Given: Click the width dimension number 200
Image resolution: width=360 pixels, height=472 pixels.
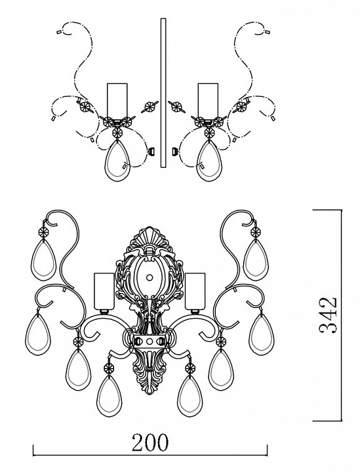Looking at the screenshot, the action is coord(150,442).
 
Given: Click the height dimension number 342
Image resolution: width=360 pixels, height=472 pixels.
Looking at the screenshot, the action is coord(328,315).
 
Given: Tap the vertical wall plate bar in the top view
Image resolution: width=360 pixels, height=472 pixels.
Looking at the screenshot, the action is coord(163,92).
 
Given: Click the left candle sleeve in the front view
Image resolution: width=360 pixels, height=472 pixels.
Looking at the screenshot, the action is coord(104,291).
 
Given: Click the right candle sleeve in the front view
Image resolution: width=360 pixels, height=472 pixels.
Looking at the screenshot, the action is coord(195,291).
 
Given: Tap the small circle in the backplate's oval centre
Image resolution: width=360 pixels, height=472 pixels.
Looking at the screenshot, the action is coord(150,277).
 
